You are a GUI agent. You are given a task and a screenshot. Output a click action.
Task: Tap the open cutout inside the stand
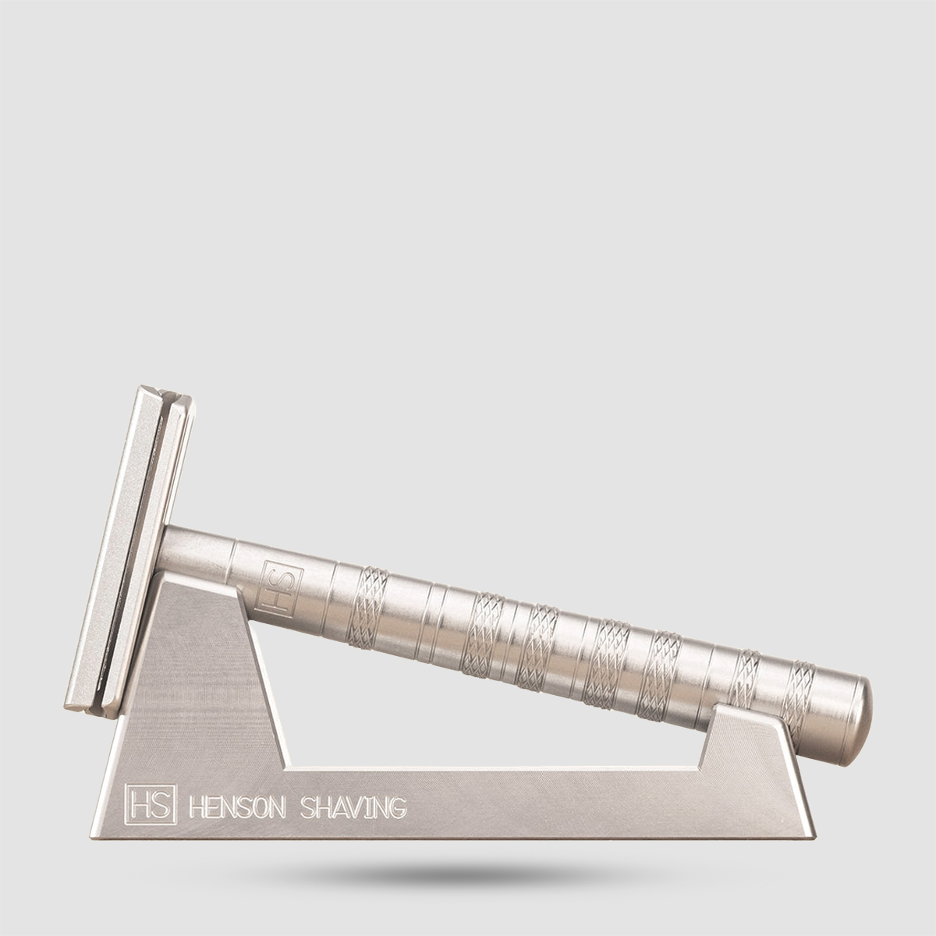468,718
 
